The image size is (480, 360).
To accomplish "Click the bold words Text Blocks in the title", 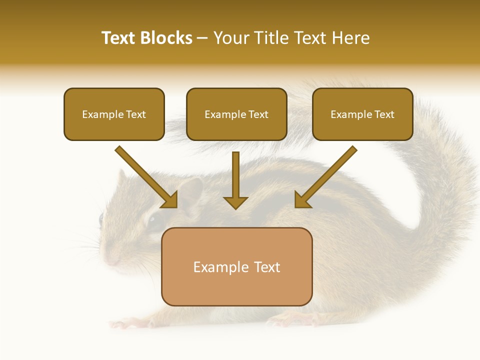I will coord(146,38).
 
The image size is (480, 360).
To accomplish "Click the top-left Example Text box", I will coord(114,114).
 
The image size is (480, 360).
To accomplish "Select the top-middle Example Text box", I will coord(236,114).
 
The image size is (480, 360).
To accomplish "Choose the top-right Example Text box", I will coord(362,114).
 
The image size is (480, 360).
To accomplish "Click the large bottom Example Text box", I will coord(236,266).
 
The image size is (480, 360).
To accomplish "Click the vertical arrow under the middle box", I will coord(235,175).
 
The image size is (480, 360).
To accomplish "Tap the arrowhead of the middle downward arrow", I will coord(235,202).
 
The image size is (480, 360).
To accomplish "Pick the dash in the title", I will coord(202,38).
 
